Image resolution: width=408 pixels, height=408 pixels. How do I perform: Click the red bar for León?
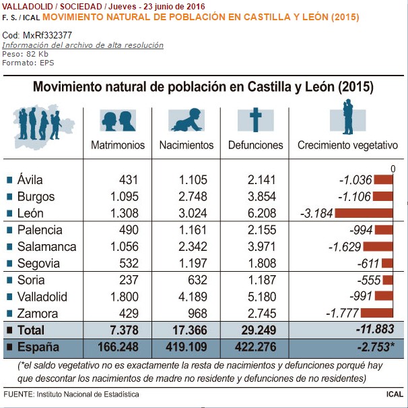point(364,213)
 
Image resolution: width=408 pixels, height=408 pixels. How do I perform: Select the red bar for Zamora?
point(377,313)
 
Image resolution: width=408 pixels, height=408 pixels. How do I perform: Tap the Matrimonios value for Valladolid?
point(125,297)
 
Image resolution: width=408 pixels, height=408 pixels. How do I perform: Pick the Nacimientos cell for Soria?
point(197,280)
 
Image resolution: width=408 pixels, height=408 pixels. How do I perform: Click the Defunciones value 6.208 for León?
point(261,213)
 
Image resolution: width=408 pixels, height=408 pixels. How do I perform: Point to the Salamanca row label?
point(47,247)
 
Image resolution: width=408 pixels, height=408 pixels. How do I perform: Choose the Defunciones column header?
point(255,145)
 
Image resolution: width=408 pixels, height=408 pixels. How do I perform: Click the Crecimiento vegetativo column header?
point(347,145)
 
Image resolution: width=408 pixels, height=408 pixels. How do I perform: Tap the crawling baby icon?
point(186,120)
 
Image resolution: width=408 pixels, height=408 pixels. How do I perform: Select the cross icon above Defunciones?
point(256,120)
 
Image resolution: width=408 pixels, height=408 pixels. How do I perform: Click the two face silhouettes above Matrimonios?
point(118,121)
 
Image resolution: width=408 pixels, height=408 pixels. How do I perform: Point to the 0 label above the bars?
point(393,169)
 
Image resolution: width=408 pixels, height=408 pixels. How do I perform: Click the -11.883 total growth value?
point(375,329)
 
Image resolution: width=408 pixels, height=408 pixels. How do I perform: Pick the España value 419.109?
point(186,347)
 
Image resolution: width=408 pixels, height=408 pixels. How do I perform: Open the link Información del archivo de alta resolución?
point(83,45)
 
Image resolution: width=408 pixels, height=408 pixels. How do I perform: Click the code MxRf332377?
point(47,35)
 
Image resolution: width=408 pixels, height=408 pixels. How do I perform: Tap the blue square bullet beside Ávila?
point(9,180)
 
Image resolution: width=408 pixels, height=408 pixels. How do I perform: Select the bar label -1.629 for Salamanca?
point(345,247)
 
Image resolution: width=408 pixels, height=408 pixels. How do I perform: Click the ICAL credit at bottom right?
point(395,394)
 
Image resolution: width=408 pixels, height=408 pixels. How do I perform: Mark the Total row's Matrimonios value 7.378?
point(124,330)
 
